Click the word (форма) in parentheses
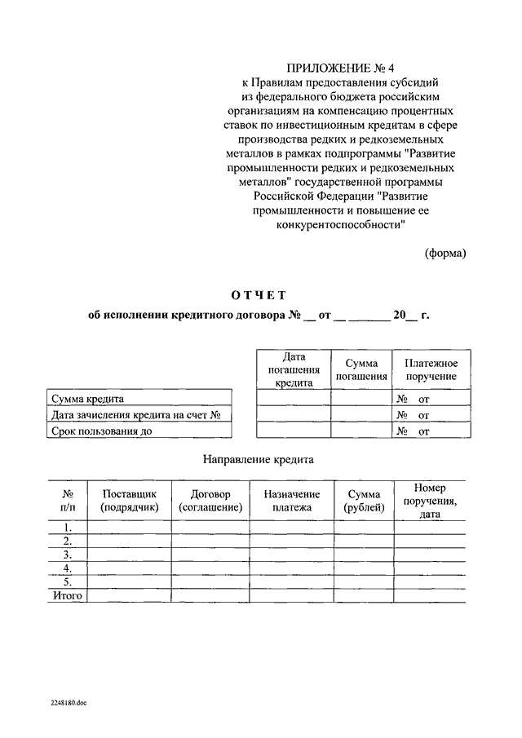coord(445,253)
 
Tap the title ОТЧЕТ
coord(257,294)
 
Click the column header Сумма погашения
coord(361,369)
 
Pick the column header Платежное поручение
coord(425,369)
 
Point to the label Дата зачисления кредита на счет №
coord(136,415)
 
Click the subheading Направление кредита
coord(258,460)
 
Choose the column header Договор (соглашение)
coord(210,500)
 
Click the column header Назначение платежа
coord(291,500)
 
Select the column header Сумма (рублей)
coord(363,500)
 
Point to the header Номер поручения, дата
coord(430,500)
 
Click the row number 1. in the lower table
coord(69,527)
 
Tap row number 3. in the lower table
coord(69,555)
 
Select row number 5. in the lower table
coord(69,582)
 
